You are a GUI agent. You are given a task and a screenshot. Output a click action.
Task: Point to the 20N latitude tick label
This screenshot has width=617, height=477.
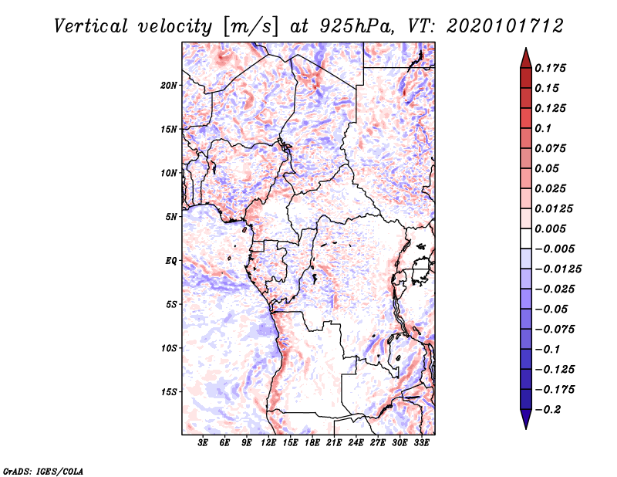point(169,85)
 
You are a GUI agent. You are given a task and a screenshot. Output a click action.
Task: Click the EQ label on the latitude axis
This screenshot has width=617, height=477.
point(171,261)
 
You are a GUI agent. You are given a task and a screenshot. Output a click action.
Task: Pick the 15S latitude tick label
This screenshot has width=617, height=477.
point(169,392)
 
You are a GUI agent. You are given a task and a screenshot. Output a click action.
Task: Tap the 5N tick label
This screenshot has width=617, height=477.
point(171,217)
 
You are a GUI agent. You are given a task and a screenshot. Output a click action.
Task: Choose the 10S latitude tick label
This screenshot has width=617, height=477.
point(169,348)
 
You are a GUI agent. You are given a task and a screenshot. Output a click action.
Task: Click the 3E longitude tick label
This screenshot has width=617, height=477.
point(204,444)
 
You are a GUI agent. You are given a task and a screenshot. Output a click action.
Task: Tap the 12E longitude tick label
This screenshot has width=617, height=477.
point(269,444)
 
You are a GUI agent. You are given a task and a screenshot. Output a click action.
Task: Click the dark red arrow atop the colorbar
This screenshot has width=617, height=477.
point(525,57)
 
